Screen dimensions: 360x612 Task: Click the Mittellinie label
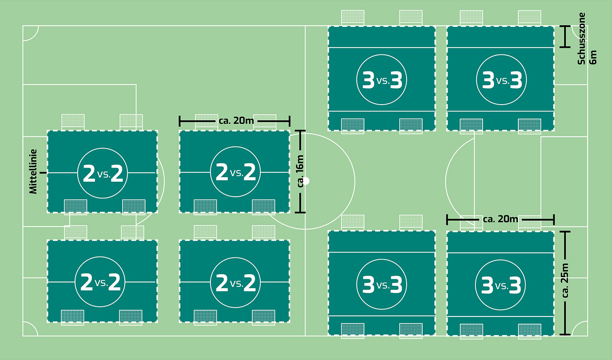point(33,171)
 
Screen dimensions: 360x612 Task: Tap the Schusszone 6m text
point(587,39)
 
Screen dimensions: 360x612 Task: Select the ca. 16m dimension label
point(300,171)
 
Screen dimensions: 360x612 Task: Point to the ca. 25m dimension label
point(565,280)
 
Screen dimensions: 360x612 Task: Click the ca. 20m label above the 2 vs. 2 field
point(236,121)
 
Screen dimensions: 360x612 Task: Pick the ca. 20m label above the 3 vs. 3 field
point(500,219)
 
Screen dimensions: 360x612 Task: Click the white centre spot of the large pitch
point(306,181)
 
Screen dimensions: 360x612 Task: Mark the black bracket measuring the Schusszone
point(565,36)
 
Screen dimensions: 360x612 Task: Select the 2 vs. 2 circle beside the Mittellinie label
point(102,173)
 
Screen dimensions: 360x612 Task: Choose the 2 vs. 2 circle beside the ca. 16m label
point(235,172)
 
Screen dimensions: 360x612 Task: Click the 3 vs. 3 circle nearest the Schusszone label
point(501,80)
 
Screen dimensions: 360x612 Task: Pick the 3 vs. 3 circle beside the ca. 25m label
point(501,285)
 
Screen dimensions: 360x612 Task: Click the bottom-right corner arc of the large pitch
point(580,329)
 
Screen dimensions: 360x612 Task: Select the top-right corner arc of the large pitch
point(580,32)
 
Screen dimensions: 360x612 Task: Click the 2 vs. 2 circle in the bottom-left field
point(100,282)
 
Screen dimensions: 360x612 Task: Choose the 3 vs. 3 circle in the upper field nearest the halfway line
point(382,80)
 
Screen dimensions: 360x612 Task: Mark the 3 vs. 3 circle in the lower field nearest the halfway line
point(382,285)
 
